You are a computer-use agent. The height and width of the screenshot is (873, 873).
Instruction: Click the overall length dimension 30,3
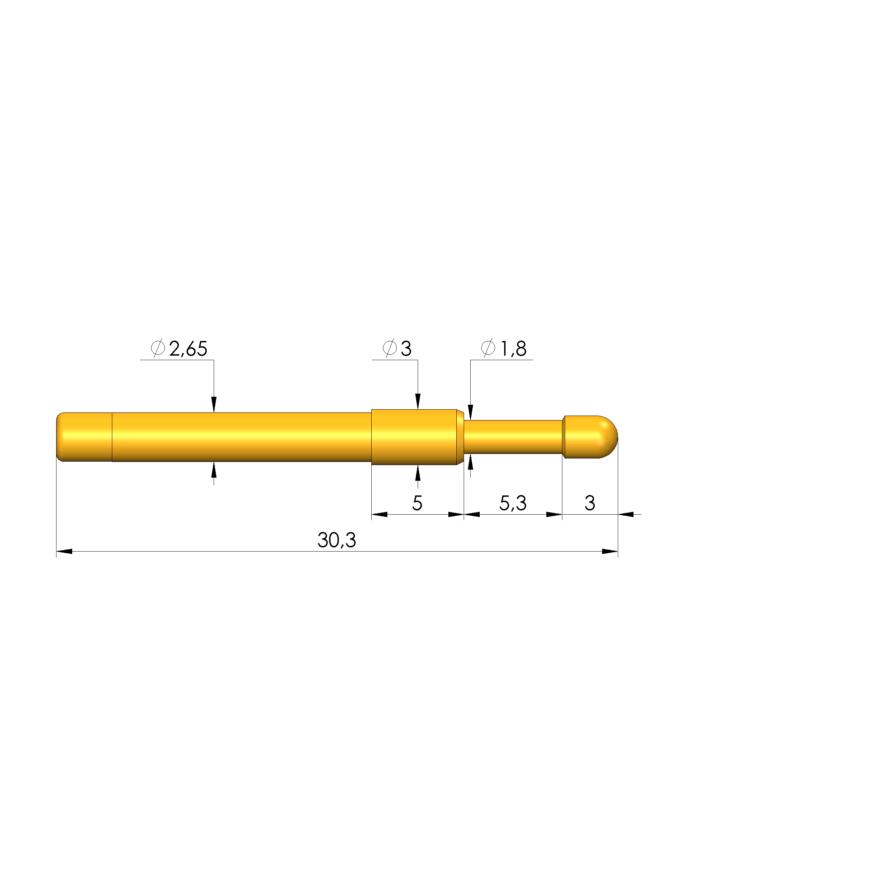[x=337, y=540]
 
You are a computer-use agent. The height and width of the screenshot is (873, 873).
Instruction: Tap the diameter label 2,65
[x=188, y=349]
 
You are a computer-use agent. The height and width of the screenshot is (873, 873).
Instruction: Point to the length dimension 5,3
[x=513, y=503]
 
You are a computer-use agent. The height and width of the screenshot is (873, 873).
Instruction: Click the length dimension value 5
[x=417, y=503]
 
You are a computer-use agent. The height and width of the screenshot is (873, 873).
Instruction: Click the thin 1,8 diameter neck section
[x=513, y=437]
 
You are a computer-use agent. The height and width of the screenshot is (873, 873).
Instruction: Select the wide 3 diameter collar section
[x=414, y=437]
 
